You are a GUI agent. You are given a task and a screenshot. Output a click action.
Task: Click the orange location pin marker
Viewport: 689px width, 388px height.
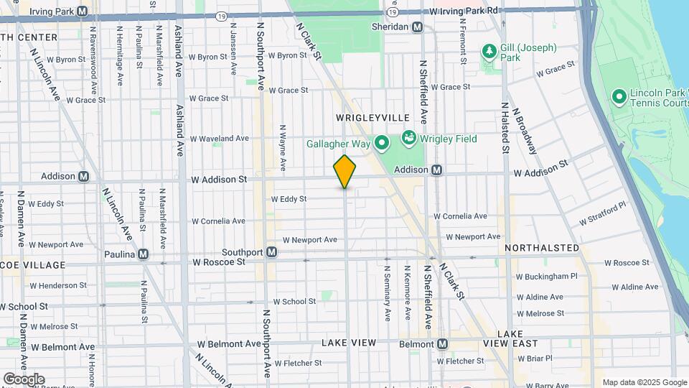point(345,171)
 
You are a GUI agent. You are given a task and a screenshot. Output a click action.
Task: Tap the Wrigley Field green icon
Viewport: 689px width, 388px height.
point(408,137)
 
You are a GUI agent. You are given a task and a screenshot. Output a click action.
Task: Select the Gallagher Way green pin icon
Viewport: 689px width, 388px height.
point(382,144)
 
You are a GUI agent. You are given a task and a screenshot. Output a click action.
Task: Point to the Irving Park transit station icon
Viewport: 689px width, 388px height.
point(82,11)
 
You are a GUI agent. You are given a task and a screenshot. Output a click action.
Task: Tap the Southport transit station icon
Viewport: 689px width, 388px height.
point(272,252)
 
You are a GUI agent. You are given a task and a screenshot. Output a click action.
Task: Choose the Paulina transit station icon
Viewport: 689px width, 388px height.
point(144,254)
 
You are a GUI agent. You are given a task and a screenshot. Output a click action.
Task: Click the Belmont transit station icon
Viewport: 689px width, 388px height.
point(442,344)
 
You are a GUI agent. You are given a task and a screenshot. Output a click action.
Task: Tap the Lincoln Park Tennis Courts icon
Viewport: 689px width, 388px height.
point(618,96)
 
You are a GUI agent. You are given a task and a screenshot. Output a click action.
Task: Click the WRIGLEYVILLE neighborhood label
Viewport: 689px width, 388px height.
point(372,117)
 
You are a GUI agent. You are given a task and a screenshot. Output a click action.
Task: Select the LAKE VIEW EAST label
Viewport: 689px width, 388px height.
point(520,339)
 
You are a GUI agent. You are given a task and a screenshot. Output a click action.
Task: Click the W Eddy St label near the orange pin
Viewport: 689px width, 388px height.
point(289,199)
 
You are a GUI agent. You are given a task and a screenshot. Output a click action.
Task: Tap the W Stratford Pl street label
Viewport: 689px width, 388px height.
point(603,213)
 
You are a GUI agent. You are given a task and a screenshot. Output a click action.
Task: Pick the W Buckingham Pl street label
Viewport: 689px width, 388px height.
point(546,276)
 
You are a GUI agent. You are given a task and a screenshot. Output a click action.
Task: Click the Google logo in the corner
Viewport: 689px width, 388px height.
point(24,379)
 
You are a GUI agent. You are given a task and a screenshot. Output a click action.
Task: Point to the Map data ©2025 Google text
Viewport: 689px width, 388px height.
point(644,382)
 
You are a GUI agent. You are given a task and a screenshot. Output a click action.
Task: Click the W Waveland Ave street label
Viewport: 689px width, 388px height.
point(218,138)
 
